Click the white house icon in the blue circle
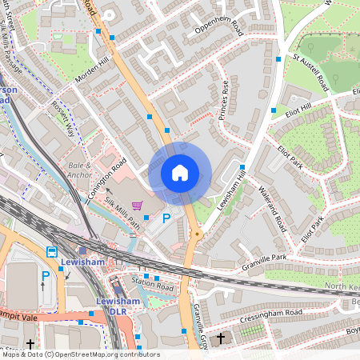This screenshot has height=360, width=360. point(180,173)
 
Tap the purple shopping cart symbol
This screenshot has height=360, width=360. point(138,206)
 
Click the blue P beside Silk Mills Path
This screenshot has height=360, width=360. point(166,218)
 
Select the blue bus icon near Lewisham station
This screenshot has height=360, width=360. point(52,251)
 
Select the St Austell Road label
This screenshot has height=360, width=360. point(310,72)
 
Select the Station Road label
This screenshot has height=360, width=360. point(153,282)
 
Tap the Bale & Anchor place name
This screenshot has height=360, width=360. point(80,170)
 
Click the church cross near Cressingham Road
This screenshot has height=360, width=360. point(221,339)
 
